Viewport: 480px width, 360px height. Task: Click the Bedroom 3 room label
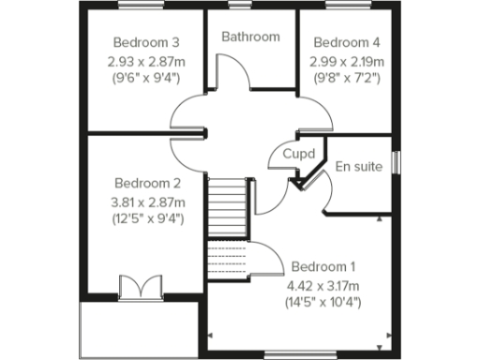[x=146, y=42]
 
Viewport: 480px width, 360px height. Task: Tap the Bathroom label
[x=250, y=37]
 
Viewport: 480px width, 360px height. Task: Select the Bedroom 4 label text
[x=347, y=42]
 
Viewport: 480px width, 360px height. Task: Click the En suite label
[x=358, y=167]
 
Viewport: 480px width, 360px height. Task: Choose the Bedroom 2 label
[x=146, y=183]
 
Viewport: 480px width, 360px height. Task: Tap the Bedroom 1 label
[x=323, y=265]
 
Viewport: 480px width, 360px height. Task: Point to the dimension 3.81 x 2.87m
[x=146, y=202]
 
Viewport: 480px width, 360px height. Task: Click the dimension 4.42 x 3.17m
[x=323, y=284]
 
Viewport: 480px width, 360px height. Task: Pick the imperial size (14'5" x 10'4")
[x=323, y=302]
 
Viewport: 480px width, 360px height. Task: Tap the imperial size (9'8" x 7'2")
[x=347, y=79]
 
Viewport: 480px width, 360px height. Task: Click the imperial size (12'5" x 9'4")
[x=146, y=219]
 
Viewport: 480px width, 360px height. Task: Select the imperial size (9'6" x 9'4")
[x=146, y=79]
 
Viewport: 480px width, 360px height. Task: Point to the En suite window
[x=395, y=161]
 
